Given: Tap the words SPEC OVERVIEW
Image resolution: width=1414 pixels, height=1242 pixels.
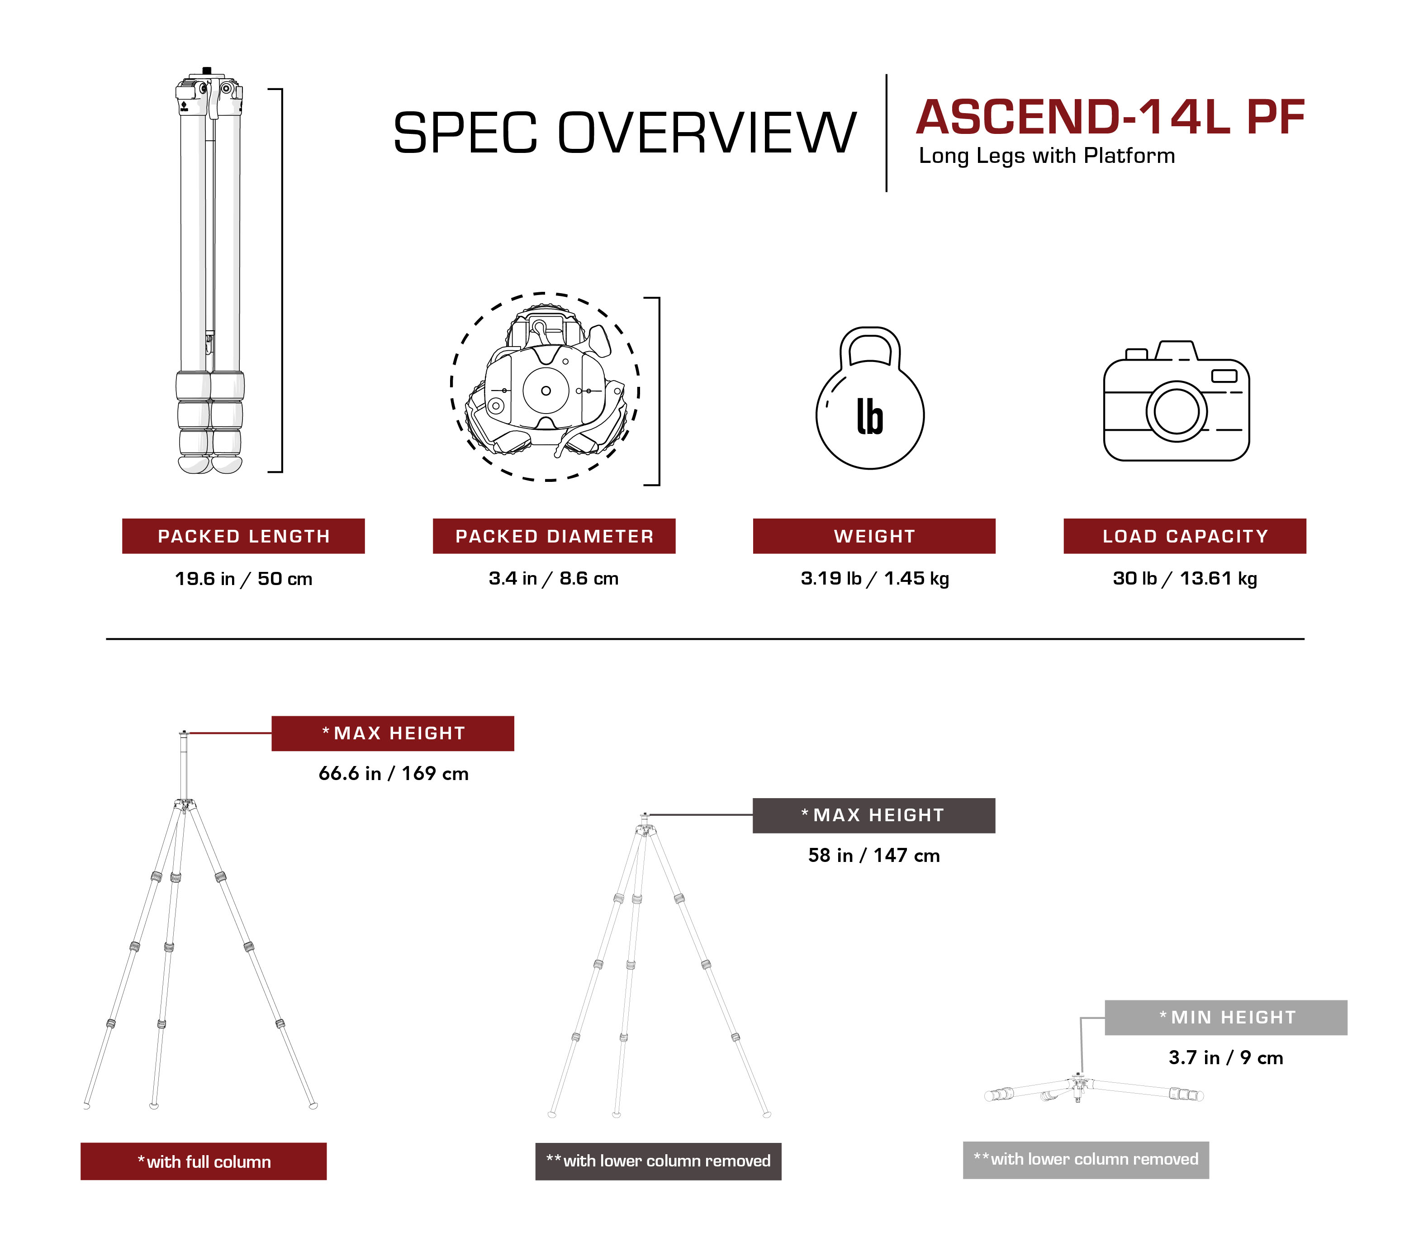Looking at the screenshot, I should [x=624, y=133].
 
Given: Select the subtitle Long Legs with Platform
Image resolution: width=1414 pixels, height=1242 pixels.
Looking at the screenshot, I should [x=1046, y=156].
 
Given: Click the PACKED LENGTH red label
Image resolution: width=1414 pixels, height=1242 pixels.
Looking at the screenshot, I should [x=243, y=536].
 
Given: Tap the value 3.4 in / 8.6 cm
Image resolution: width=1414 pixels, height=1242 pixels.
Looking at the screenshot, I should [x=553, y=578].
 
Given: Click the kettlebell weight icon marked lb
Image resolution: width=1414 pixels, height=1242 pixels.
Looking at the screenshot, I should [x=869, y=408].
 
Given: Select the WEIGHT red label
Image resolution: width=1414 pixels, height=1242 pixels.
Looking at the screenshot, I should [x=874, y=536].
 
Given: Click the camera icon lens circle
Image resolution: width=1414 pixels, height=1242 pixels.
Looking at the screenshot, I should [x=1176, y=412].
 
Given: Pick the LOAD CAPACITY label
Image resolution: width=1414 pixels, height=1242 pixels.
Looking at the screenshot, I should [x=1184, y=536].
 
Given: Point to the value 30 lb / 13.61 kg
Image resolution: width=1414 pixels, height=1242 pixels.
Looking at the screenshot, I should [x=1184, y=578].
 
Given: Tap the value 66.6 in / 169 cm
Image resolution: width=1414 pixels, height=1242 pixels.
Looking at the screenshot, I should [x=393, y=774].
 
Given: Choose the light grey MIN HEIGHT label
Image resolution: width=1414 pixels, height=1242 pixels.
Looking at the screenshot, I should [x=1225, y=1017].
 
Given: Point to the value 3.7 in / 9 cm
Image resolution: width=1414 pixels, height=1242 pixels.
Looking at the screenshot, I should [x=1225, y=1058].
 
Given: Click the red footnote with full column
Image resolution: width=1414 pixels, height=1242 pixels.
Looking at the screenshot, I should [x=204, y=1162].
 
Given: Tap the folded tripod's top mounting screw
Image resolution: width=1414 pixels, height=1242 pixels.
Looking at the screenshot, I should [x=206, y=70].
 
